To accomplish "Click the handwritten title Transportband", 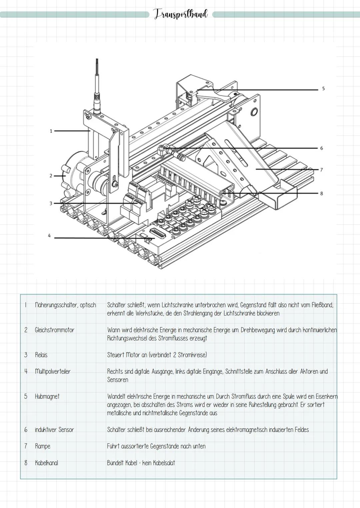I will tap(181, 14).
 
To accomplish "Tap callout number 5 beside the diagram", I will tap(323, 89).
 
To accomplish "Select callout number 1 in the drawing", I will tap(51, 131).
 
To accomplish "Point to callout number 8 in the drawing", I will tap(321, 193).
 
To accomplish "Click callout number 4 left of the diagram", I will tap(49, 236).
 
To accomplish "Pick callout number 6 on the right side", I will tap(321, 148).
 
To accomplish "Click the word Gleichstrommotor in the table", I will tap(54, 330).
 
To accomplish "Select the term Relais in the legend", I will tap(41, 355).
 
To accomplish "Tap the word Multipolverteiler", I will tap(52, 371).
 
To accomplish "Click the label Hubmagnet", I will tap(47, 396).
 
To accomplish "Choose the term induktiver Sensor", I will tap(54, 430).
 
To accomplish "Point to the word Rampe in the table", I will tap(42, 446).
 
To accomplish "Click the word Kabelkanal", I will tap(46, 463).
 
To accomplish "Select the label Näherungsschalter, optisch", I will tap(65, 305).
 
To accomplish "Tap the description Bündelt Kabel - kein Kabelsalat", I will tap(141, 463).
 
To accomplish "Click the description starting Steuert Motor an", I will tap(157, 355).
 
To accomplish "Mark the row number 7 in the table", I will tap(26, 446).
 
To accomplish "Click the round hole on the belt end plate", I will tap(254, 112).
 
